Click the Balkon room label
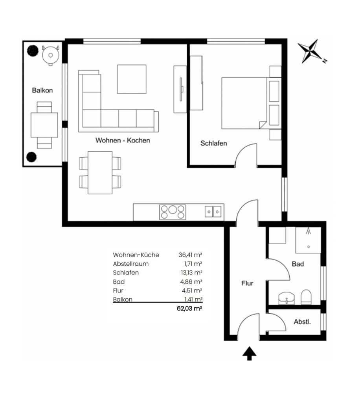(x=42, y=90)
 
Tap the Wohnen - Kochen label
(x=123, y=140)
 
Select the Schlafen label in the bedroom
(x=213, y=143)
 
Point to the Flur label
(x=247, y=283)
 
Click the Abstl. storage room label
(x=302, y=322)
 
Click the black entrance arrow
(x=250, y=354)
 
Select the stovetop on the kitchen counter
(x=173, y=212)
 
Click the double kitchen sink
(x=213, y=212)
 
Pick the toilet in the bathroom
(x=306, y=297)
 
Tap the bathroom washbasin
(x=287, y=298)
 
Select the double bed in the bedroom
(x=251, y=103)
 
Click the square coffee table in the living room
(x=132, y=79)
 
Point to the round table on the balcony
(x=51, y=55)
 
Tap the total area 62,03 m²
(x=189, y=309)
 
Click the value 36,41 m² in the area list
(x=190, y=255)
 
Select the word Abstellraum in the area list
(x=130, y=264)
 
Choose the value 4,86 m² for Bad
(x=191, y=282)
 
